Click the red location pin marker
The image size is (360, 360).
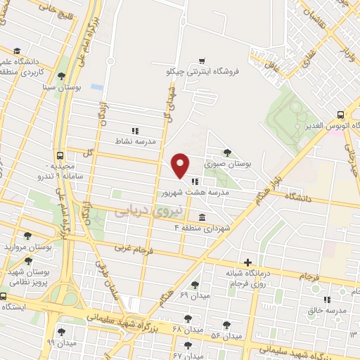click(x=181, y=165)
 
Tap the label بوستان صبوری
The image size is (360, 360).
click(x=228, y=163)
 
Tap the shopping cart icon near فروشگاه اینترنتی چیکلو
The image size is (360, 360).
click(x=202, y=60)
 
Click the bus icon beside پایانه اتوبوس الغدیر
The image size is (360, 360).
click(x=340, y=114)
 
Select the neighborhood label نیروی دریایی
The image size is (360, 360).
click(x=149, y=209)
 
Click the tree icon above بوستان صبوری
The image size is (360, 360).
click(x=226, y=152)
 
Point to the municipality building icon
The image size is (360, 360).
click(x=202, y=217)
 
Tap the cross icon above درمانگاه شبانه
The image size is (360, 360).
click(x=247, y=262)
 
